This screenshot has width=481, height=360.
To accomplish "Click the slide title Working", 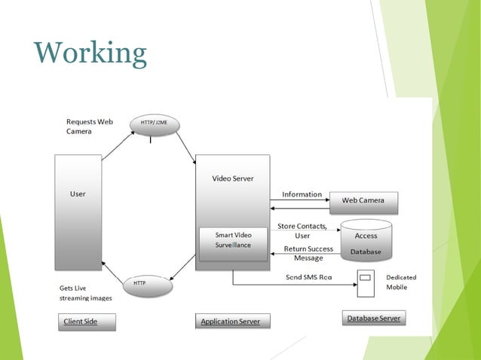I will (90, 53).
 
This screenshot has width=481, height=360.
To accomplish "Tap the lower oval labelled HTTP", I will (147, 285).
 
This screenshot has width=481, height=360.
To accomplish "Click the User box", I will (78, 211).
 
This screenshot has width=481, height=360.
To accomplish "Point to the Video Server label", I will (233, 178).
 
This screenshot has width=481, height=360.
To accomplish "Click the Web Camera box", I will (363, 201).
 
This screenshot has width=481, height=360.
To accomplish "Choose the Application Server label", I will (230, 322).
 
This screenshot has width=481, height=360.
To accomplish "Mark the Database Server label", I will (373, 319).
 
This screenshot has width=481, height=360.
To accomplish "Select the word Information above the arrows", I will (302, 194).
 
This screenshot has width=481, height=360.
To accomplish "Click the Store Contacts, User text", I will (302, 230).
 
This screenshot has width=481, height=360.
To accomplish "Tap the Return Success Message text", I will (308, 253).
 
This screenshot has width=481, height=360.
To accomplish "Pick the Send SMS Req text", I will (309, 277).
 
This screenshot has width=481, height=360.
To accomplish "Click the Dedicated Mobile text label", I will (400, 282).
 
